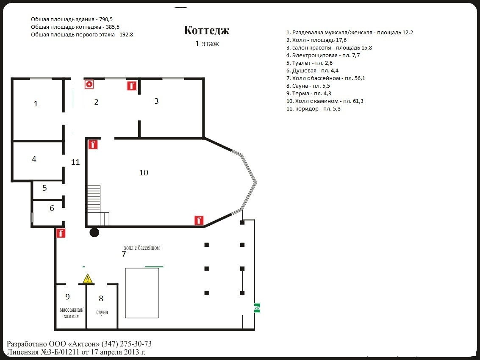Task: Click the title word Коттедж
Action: (x=207, y=30)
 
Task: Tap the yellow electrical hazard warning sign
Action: (x=88, y=279)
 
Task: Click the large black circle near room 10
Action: (x=94, y=232)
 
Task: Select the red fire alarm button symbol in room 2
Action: (x=89, y=84)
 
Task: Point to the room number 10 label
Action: (x=144, y=173)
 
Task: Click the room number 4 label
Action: (x=34, y=159)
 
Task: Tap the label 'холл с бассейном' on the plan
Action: (x=142, y=248)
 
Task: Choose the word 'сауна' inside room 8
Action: (x=102, y=312)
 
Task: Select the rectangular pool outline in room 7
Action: (x=142, y=293)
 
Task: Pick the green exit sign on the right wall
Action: (x=257, y=308)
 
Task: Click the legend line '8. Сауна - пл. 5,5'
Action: (x=308, y=86)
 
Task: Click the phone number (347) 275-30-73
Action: (x=127, y=344)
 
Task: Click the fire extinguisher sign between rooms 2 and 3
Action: (x=132, y=86)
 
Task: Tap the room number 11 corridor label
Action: (x=75, y=162)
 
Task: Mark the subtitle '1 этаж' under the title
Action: (x=207, y=43)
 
